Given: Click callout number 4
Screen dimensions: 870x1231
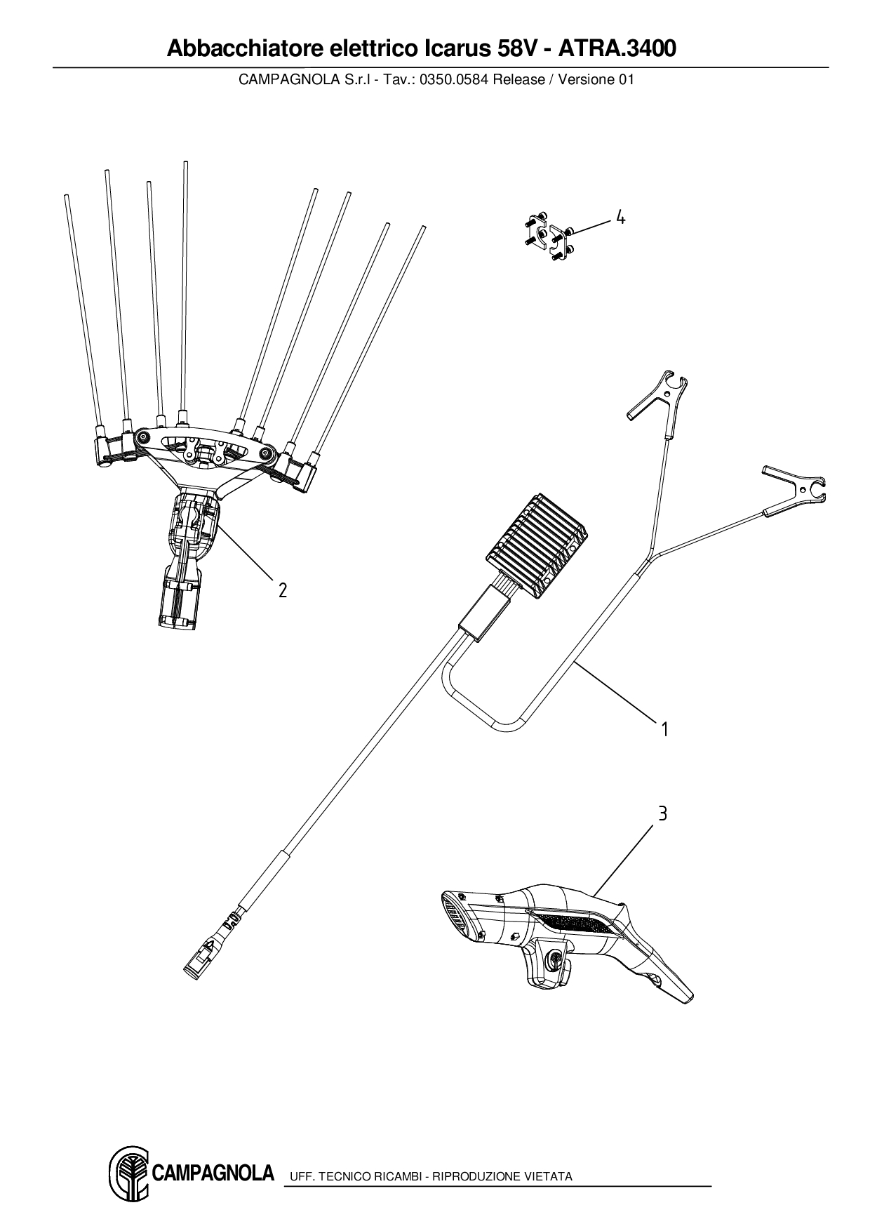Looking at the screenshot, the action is click(620, 218).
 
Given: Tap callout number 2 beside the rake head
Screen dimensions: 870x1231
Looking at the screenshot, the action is click(283, 590).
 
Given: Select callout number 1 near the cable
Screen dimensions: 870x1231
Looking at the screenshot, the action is click(664, 730).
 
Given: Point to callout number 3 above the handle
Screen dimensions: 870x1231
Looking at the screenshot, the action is click(662, 814).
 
